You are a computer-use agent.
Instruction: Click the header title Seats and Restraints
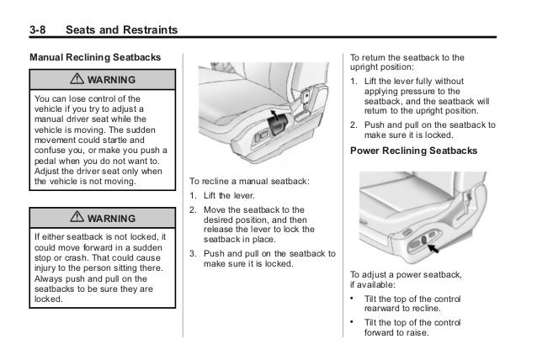pyautogui.click(x=122, y=31)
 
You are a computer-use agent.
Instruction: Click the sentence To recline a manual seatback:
pyautogui.click(x=249, y=181)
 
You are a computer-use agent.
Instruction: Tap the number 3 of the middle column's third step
pyautogui.click(x=193, y=253)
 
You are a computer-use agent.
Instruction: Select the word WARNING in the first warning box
pyautogui.click(x=109, y=80)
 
